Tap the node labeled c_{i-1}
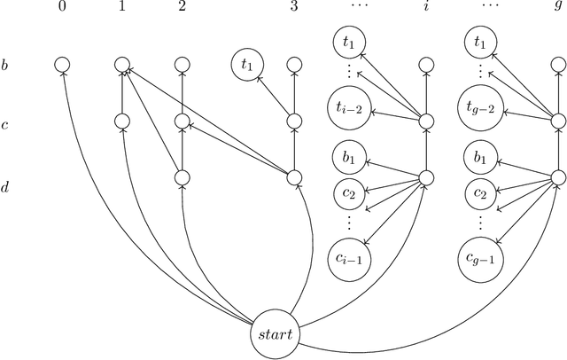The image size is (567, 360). [x=346, y=257]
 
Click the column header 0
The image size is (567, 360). [x=61, y=7]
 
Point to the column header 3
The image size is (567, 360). [x=293, y=7]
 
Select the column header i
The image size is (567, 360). [x=426, y=7]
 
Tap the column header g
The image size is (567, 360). [x=558, y=9]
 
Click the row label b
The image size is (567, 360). [x=5, y=64]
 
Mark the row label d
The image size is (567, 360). [x=5, y=186]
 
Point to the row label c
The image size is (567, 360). [x=5, y=125]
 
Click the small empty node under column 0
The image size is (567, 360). [x=61, y=64]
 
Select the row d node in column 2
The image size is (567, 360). [x=182, y=177]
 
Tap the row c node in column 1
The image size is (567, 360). [x=122, y=121]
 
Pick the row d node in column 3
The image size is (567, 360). [x=293, y=177]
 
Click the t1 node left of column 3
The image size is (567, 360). [x=247, y=64]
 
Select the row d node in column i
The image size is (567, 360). [x=426, y=177]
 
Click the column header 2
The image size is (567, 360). [x=182, y=7]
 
